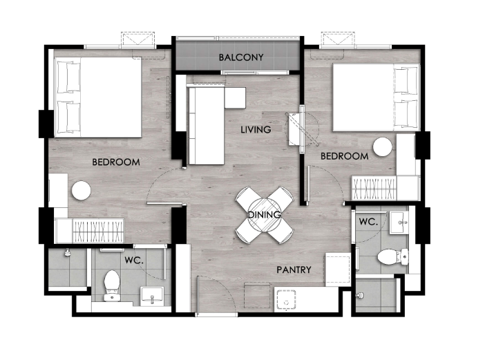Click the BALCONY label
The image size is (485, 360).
tap(241, 57)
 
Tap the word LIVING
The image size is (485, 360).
tap(256, 129)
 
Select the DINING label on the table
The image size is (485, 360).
tap(265, 214)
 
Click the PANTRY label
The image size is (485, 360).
tap(294, 269)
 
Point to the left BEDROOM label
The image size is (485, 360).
tap(116, 162)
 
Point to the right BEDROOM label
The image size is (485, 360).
tap(344, 156)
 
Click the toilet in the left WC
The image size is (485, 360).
tap(112, 285)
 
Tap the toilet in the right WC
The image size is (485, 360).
tap(393, 256)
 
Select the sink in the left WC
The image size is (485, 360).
tap(152, 296)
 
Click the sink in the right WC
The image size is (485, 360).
tap(399, 222)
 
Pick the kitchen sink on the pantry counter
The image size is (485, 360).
tap(286, 299)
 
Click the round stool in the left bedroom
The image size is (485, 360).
tap(81, 191)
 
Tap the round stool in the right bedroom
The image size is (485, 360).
tap(382, 147)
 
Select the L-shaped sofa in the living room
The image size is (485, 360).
tap(207, 126)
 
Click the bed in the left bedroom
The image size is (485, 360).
tap(98, 97)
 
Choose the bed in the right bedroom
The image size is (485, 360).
tap(377, 97)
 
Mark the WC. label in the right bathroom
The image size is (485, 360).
tap(368, 221)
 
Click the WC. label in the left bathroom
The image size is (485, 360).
tap(134, 260)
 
